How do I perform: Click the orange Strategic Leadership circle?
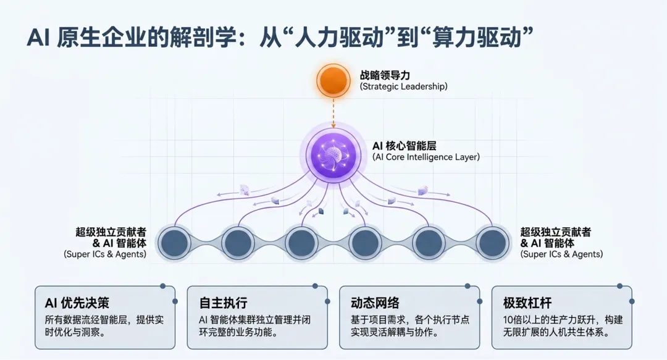pos(333,81)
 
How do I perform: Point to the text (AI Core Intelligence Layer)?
pos(426,157)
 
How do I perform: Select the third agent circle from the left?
pos(301,243)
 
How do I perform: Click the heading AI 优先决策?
pos(77,303)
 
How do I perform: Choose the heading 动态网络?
pos(375,303)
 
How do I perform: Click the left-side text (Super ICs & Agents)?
pos(105,254)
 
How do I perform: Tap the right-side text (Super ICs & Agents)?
pos(561,254)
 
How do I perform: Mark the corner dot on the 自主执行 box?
pos(315,287)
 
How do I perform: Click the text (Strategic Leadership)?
pos(403,87)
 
